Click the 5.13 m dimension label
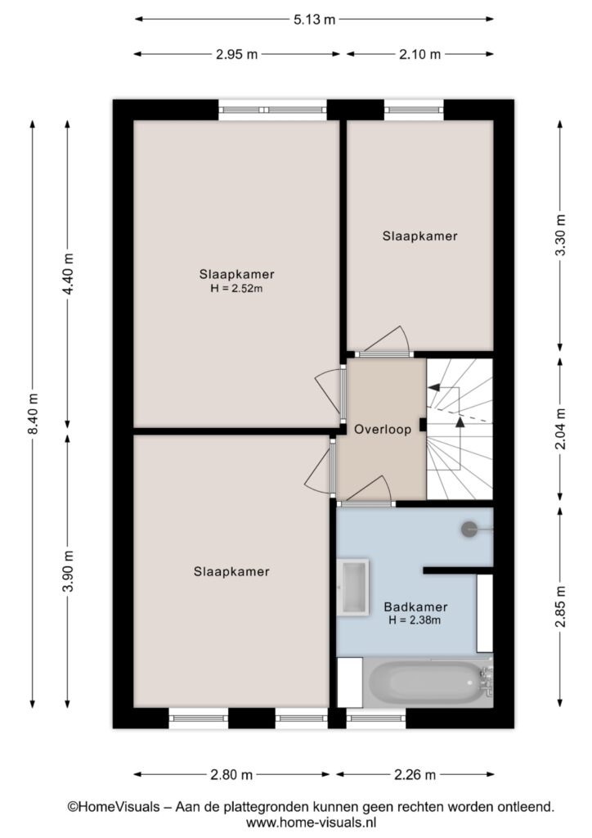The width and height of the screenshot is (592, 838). pyautogui.click(x=315, y=20)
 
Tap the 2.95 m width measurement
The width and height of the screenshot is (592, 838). pyautogui.click(x=236, y=55)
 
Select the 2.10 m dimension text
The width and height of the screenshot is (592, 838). pyautogui.click(x=420, y=55)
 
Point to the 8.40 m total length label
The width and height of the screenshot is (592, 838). pyautogui.click(x=33, y=413)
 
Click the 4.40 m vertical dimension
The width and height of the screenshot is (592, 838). pyautogui.click(x=68, y=273)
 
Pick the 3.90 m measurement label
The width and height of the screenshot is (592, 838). pyautogui.click(x=68, y=570)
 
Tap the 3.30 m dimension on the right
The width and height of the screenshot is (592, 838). pyautogui.click(x=560, y=235)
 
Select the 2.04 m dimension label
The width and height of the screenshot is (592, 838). pyautogui.click(x=560, y=429)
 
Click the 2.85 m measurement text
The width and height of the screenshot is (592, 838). pyautogui.click(x=560, y=606)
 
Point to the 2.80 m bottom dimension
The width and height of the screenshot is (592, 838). pyautogui.click(x=231, y=774)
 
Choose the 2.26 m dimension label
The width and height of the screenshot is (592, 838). pyautogui.click(x=415, y=774)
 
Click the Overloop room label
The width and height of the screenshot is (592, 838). pyautogui.click(x=383, y=429)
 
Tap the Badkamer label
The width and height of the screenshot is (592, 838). pyautogui.click(x=415, y=607)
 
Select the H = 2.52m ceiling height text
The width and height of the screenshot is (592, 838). pyautogui.click(x=236, y=289)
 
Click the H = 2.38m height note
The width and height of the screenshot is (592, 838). pyautogui.click(x=415, y=620)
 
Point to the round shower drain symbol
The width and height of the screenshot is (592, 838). pyautogui.click(x=469, y=529)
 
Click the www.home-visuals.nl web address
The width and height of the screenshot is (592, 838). pyautogui.click(x=311, y=822)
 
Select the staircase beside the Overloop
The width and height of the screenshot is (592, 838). pyautogui.click(x=459, y=429)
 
